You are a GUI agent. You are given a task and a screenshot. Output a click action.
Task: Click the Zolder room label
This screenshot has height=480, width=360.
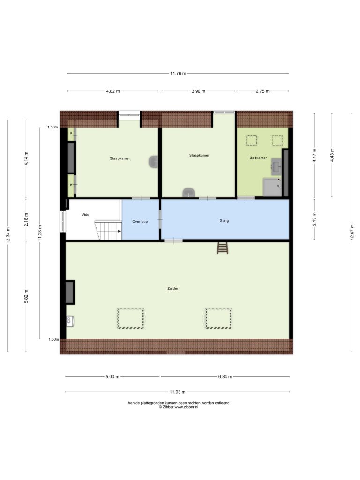pyautogui.click(x=173, y=288)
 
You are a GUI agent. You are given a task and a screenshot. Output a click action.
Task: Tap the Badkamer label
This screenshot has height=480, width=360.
pyautogui.click(x=258, y=157)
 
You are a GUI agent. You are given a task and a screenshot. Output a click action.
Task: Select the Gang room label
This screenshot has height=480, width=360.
pyautogui.click(x=224, y=220)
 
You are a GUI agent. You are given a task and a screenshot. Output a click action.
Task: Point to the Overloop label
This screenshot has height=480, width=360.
pyautogui.click(x=140, y=221)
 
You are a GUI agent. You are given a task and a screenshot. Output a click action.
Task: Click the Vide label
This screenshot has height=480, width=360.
pyautogui.click(x=85, y=214)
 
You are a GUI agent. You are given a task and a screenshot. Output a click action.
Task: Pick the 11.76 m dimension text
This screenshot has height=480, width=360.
pyautogui.click(x=178, y=74)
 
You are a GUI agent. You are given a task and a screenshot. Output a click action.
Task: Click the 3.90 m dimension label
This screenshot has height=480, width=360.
pyautogui.click(x=198, y=91)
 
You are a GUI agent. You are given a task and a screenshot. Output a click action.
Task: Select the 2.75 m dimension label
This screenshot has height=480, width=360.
pyautogui.click(x=262, y=91)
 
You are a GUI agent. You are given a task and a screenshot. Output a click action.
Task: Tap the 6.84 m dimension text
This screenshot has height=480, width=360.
pyautogui.click(x=225, y=377)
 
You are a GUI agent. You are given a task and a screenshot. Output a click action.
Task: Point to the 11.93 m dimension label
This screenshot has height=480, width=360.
pyautogui.click(x=178, y=392)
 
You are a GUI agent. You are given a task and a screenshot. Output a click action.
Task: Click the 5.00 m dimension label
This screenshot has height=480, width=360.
pyautogui.click(x=112, y=377)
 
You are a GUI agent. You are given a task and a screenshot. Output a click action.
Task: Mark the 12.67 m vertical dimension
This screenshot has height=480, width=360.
pyautogui.click(x=352, y=232)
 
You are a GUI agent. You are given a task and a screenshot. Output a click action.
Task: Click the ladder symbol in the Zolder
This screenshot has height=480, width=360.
pyautogui.click(x=223, y=247)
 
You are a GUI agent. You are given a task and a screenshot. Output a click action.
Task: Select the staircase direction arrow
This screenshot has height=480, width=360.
pyautogui.click(x=119, y=231)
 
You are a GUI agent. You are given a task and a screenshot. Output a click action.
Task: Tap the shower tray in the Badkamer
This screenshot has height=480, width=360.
pyautogui.click(x=272, y=187)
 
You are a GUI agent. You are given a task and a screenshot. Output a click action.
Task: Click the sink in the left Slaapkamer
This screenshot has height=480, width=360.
pyautogui.click(x=153, y=161)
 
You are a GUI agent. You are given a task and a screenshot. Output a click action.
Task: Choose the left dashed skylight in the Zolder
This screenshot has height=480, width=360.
pyautogui.click(x=130, y=318)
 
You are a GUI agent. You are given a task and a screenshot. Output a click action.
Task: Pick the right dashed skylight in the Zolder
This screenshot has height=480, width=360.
pyautogui.click(x=218, y=318)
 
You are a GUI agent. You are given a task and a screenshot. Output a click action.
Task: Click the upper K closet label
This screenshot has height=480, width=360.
pyautogui.click(x=71, y=133)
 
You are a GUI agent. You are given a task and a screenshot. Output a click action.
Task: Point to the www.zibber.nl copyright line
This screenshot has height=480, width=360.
pyautogui.click(x=179, y=407)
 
